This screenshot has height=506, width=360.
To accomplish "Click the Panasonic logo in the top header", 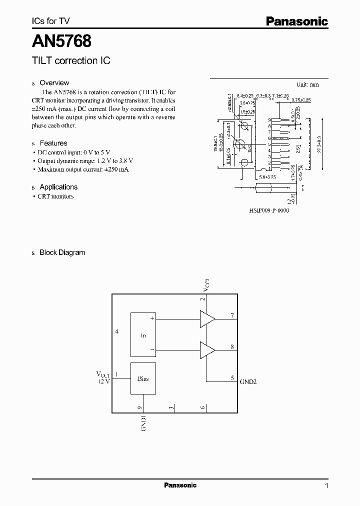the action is (296, 21).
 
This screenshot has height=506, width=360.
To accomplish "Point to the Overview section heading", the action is (54, 83).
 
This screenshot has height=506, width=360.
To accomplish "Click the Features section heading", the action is (53, 143).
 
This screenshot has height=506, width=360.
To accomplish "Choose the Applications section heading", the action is (58, 187).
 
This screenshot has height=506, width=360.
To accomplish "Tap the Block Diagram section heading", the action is (62, 252).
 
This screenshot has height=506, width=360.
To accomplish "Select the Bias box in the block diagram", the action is (143, 378).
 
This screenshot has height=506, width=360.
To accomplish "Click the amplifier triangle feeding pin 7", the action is (207, 318).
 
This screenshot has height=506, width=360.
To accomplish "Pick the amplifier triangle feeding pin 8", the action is (207, 349).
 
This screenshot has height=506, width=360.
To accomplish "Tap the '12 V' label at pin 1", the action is (103, 381).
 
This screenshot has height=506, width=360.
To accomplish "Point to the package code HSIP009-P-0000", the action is (269, 210).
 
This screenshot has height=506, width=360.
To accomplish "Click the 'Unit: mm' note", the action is (307, 84).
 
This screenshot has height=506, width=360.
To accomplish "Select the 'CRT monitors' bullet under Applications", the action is (56, 196).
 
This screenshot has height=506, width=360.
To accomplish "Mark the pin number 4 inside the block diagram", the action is (117, 331).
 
